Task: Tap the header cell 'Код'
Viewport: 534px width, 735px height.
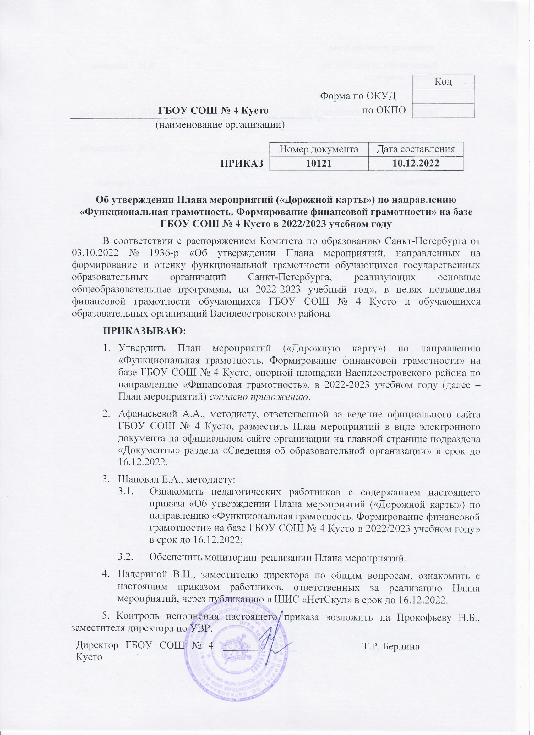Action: (x=443, y=82)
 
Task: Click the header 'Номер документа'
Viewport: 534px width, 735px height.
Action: (x=319, y=149)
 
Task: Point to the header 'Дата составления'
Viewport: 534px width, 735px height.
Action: (x=416, y=149)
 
